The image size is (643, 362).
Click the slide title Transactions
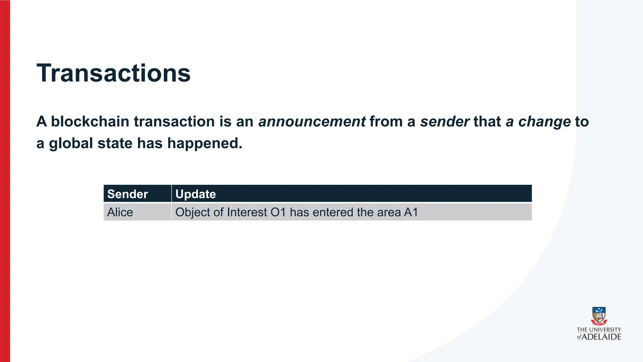113,73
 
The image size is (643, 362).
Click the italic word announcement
312,122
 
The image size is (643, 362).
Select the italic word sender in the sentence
445,122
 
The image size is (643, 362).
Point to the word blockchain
90,122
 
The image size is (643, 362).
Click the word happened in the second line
204,144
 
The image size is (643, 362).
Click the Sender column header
127,194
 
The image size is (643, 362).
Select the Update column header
196,194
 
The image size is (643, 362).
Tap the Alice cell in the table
120,212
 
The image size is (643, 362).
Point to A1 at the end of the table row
411,212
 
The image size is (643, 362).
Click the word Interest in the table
247,212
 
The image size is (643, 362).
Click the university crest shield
599,315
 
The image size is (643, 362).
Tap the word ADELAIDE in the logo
602,337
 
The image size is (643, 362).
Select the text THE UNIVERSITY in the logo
599,330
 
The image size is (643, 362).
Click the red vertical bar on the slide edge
5,181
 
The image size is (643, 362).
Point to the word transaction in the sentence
174,122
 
